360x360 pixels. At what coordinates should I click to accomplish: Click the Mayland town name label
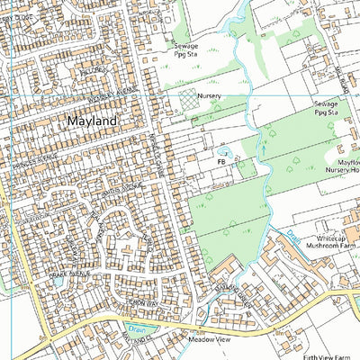click(x=92, y=120)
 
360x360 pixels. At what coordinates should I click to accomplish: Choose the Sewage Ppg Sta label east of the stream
click(x=326, y=108)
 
